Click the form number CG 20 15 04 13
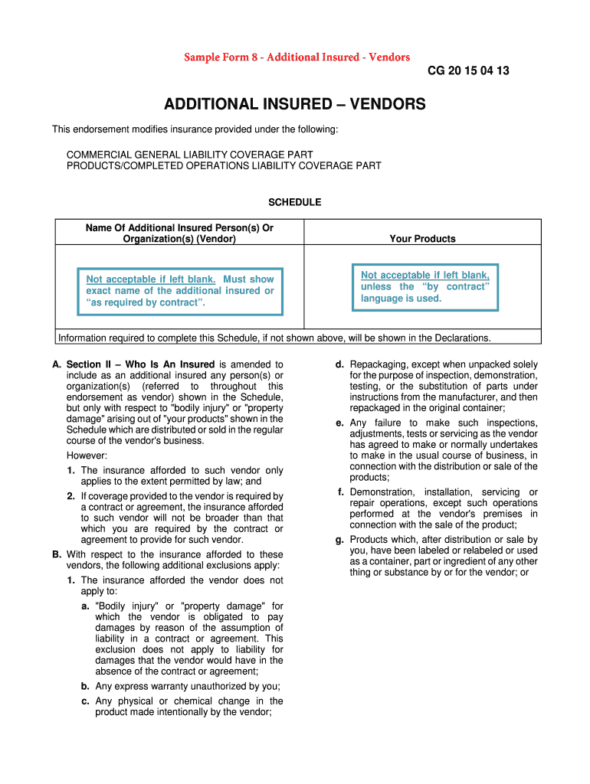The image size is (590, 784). pyautogui.click(x=468, y=71)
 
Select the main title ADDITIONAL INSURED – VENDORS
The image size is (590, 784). pyautogui.click(x=295, y=104)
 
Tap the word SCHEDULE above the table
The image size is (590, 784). pyautogui.click(x=294, y=202)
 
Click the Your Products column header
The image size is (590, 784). pyautogui.click(x=422, y=239)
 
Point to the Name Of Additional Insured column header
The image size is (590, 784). pyautogui.click(x=179, y=234)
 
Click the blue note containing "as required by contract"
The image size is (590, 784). pyautogui.click(x=180, y=291)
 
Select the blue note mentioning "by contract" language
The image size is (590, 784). pyautogui.click(x=424, y=287)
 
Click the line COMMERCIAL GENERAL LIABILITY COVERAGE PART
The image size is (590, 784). pyautogui.click(x=189, y=155)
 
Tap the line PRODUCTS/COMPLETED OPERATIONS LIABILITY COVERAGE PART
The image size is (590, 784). pyautogui.click(x=224, y=165)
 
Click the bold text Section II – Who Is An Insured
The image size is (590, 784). pyautogui.click(x=140, y=364)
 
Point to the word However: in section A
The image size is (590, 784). pyautogui.click(x=87, y=456)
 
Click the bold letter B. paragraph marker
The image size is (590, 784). pyautogui.click(x=57, y=554)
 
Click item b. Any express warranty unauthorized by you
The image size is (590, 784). pyautogui.click(x=187, y=686)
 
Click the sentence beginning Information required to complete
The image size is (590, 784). pyautogui.click(x=274, y=338)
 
